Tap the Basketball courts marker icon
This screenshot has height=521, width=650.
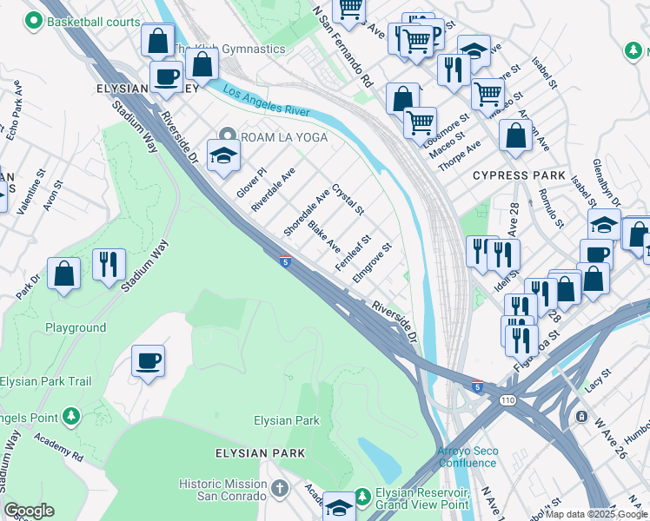[34, 19]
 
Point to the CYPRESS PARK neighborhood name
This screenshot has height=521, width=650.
[513, 175]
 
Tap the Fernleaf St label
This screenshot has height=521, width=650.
[354, 253]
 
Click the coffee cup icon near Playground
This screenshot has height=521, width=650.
[148, 359]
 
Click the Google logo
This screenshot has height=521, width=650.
[29, 511]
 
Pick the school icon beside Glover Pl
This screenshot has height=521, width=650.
[223, 155]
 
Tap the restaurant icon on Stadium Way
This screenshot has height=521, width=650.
[109, 263]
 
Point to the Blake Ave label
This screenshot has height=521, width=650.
[325, 235]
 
